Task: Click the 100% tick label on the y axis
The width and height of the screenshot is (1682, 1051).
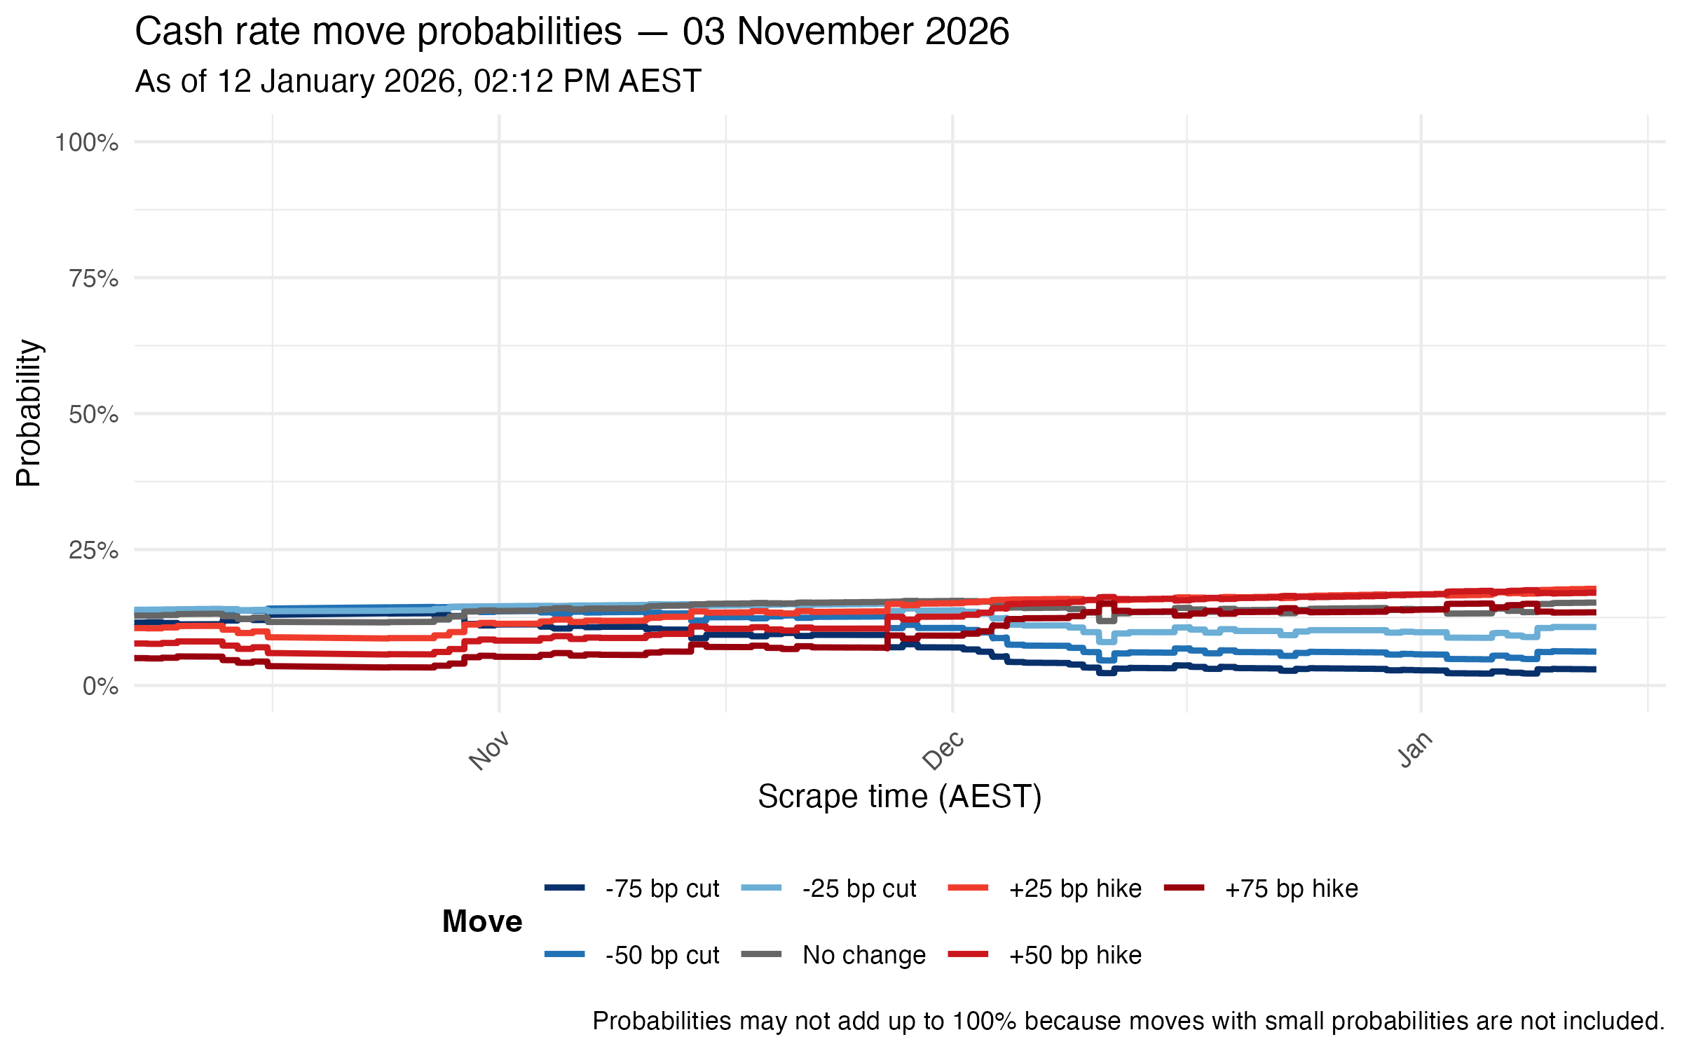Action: click(x=87, y=143)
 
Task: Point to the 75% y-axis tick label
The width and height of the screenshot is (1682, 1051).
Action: click(x=94, y=279)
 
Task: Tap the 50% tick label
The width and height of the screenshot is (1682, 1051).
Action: click(x=94, y=415)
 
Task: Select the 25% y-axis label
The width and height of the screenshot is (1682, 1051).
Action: click(x=94, y=551)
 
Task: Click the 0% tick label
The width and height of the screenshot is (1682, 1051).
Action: click(x=100, y=687)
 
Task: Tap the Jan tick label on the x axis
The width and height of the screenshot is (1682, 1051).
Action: click(x=1415, y=750)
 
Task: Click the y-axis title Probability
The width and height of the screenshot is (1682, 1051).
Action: click(x=29, y=413)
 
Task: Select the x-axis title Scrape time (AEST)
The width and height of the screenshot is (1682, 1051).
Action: click(x=900, y=797)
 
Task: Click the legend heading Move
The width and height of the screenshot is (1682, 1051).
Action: click(x=482, y=921)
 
